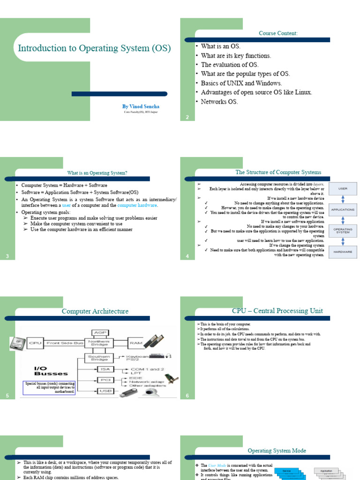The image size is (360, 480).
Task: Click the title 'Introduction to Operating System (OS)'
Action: click(94, 48)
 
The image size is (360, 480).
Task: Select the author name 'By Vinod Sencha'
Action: click(141, 106)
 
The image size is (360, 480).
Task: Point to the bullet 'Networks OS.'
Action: click(219, 101)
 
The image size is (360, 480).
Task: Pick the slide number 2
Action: click(187, 117)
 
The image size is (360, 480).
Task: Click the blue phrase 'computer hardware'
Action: click(138, 205)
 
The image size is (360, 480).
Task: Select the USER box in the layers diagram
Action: click(343, 189)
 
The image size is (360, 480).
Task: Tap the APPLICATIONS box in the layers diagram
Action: click(343, 210)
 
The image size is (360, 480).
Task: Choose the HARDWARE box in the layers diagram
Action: click(343, 251)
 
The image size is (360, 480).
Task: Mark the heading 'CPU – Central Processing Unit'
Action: click(277, 311)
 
